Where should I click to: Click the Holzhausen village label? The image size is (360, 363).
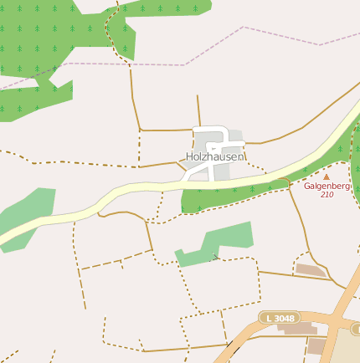click(214, 156)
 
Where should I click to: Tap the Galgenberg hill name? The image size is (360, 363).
click(327, 186)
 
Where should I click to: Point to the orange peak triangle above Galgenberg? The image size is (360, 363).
click(327, 176)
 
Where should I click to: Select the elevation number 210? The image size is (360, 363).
click(327, 195)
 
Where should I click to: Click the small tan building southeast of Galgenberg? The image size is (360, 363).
click(311, 269)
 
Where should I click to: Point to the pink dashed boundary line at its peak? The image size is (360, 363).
click(243, 27)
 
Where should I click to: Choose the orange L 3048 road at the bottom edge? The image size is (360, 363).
click(230, 351)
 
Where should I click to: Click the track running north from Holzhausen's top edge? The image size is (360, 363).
click(198, 109)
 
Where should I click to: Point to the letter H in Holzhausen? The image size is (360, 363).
click(190, 156)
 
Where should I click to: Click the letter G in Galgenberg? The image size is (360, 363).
click(307, 186)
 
